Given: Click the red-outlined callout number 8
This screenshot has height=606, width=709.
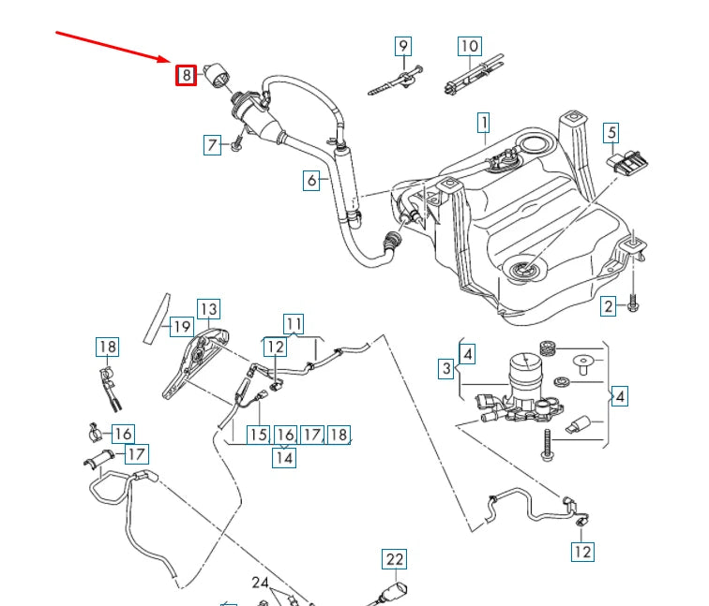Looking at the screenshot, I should [x=186, y=75].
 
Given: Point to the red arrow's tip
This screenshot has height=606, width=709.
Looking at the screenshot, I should [x=171, y=62].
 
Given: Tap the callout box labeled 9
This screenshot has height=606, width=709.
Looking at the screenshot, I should [x=402, y=46].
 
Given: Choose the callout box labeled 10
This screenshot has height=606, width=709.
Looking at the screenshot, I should [x=469, y=46].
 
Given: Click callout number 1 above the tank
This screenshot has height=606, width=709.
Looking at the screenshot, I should [x=484, y=122].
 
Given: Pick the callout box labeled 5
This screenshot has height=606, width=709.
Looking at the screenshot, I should [x=611, y=133].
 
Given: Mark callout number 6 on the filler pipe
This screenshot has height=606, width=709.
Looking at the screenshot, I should [x=312, y=180].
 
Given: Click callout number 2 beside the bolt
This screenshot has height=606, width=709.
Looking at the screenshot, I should [x=608, y=305].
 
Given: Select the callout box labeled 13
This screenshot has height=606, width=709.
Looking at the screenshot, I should [x=207, y=310].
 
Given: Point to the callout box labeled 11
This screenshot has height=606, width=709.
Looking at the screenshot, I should [x=294, y=325].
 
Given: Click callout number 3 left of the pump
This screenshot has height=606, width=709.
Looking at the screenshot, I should [x=447, y=369].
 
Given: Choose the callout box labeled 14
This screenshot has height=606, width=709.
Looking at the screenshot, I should [x=284, y=456].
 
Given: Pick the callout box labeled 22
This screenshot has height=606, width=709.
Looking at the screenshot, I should [x=395, y=560].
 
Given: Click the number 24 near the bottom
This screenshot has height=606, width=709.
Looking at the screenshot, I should [x=260, y=583].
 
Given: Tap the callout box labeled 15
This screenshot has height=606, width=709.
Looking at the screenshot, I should [x=258, y=435].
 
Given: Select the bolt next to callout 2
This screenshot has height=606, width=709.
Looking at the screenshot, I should [x=633, y=305].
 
